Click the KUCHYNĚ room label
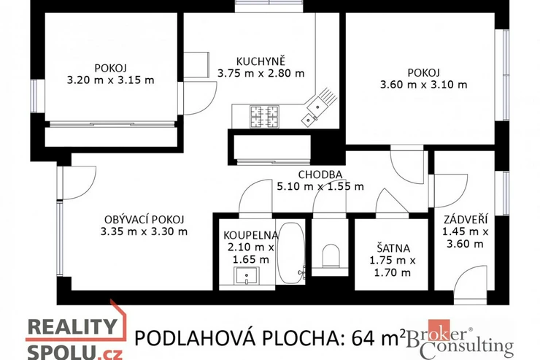coord(261,61)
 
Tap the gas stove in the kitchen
coord(264,116)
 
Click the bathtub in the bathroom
coord(290,253)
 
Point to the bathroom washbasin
coord(247,275)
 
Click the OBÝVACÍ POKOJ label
coord(144,219)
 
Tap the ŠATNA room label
coord(393,248)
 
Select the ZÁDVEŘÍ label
coord(466,219)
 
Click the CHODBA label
coord(320,175)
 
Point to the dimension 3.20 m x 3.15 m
coord(110,80)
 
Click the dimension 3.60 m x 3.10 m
coord(423,85)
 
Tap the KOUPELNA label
coord(251,235)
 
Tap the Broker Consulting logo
coord(460,340)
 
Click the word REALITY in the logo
coord(72,327)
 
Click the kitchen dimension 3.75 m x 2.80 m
coord(261,73)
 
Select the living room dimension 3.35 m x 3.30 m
coord(144,231)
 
